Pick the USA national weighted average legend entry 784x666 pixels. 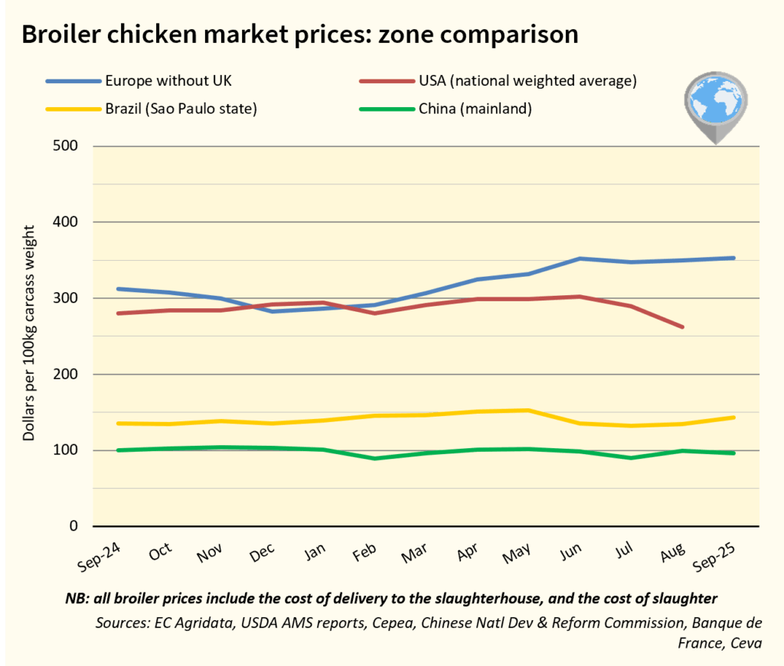click(528, 80)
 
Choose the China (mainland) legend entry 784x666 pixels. click(475, 108)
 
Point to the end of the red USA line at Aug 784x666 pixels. click(682, 327)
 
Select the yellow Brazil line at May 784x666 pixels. click(527, 410)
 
